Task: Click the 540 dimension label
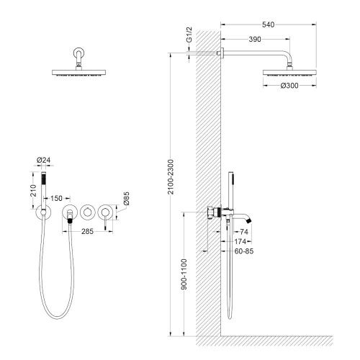268,24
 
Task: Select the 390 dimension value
255,39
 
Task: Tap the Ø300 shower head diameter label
289,86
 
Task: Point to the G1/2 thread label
189,35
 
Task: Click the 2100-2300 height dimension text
171,177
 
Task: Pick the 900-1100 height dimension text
184,274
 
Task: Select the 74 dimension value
244,232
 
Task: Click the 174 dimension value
240,241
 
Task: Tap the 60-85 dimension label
244,251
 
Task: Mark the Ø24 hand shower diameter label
43,160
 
